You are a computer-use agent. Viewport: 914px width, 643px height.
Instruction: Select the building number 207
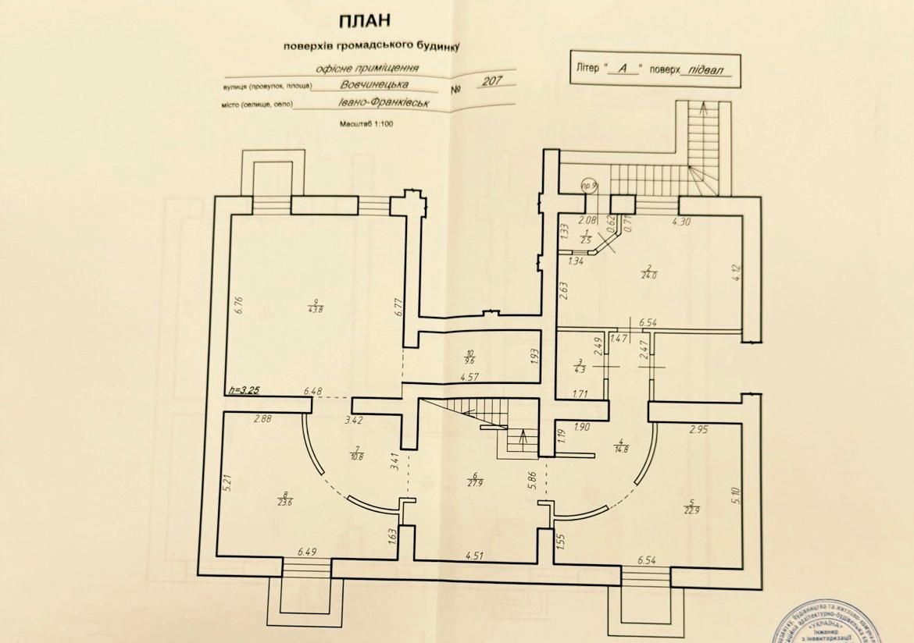494,81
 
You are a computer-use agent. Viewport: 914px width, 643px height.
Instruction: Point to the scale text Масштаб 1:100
367,124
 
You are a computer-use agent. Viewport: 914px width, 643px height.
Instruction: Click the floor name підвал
706,69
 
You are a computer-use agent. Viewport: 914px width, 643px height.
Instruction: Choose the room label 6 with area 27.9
474,478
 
